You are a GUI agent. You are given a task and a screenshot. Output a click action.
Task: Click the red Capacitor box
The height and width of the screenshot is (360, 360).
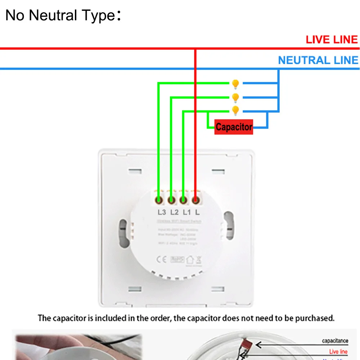point(234,127)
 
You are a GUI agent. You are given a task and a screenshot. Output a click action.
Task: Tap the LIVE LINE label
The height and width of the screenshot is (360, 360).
point(332,40)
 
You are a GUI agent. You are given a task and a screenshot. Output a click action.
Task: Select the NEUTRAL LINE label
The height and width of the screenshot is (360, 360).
point(318,60)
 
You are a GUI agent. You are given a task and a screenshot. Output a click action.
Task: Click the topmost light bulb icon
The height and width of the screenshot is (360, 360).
point(235,84)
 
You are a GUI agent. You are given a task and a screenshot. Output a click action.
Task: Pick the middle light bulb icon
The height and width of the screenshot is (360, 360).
point(235,98)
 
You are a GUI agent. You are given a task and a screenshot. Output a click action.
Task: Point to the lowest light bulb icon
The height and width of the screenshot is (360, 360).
point(235,110)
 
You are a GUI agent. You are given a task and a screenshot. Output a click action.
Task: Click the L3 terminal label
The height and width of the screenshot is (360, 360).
point(161,212)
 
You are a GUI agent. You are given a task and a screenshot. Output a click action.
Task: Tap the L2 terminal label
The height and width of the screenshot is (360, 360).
point(174,212)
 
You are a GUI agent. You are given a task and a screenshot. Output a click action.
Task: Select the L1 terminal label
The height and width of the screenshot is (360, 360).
point(186,212)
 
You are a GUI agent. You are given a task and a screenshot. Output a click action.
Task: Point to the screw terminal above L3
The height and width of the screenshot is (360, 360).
point(159,199)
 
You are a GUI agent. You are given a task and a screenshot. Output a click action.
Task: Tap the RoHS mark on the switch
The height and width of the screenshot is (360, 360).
point(177,259)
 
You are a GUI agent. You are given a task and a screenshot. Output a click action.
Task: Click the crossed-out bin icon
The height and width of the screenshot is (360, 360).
point(199,259)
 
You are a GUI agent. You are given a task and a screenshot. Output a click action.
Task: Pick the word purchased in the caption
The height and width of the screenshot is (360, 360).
point(317,318)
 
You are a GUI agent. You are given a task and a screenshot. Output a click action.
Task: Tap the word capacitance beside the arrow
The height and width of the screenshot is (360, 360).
point(335,341)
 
